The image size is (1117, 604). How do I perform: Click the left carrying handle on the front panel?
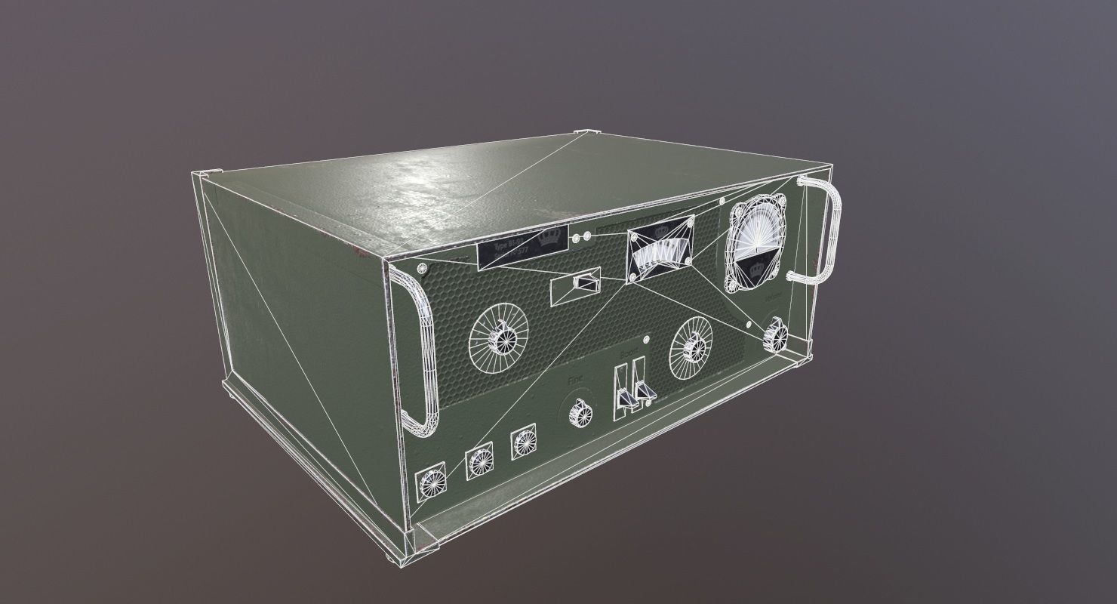(x=417, y=355)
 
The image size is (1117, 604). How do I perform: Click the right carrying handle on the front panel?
(x=823, y=230)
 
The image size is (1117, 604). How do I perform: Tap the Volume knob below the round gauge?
(x=774, y=334)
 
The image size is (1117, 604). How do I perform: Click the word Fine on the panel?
(x=577, y=383)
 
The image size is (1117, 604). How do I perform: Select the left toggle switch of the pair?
(x=623, y=390)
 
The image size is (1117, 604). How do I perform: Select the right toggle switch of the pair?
(x=643, y=385)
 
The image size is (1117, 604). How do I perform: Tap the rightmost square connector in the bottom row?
(x=522, y=444)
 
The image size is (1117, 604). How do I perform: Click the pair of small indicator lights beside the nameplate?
(x=580, y=239)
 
